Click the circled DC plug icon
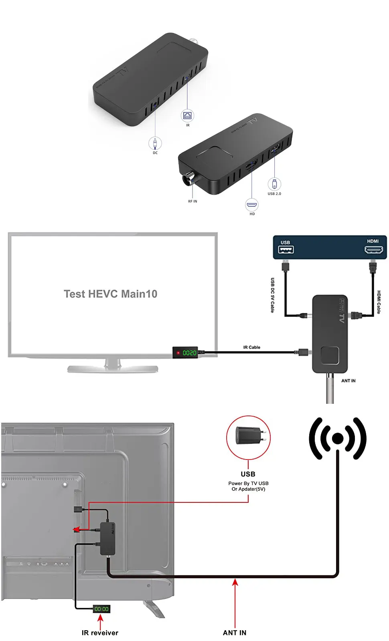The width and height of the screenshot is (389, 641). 155,143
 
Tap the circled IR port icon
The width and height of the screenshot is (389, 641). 188,116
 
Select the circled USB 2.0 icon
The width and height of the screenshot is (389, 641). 274,184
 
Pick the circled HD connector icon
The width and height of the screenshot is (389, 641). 252,205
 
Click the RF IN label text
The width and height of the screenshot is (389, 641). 192,202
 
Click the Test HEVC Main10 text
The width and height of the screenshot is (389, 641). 110,294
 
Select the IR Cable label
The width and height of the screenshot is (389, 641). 251,347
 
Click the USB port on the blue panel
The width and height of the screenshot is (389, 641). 286,250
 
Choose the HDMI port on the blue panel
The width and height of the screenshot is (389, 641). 373,250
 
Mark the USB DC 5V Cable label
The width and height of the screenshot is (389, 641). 273,295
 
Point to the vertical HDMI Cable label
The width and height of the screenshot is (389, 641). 379,302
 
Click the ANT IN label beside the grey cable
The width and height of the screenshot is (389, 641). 348,381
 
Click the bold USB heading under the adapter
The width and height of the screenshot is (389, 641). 248,474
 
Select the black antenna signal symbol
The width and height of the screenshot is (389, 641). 338,438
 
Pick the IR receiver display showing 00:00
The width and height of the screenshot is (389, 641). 101,609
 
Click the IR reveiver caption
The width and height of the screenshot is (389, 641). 100,633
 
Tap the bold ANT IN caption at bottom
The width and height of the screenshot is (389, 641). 235,633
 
